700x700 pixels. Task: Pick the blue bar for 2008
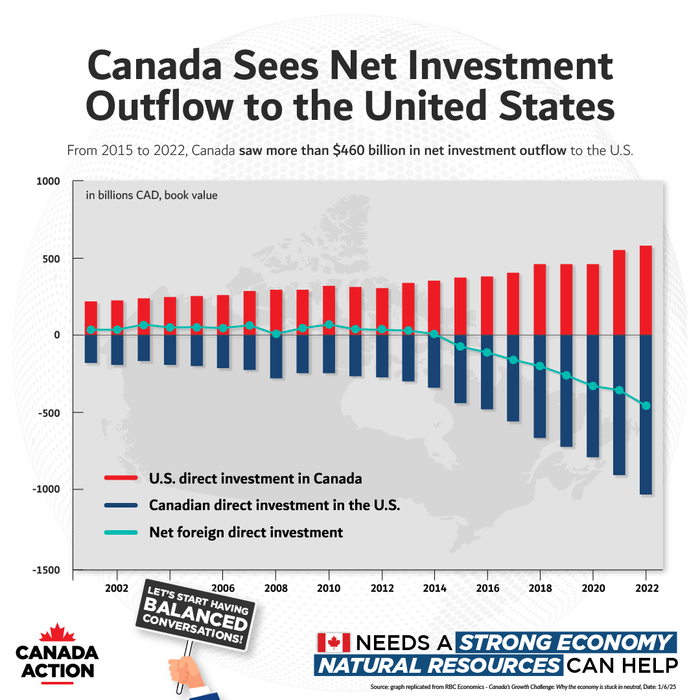(x=276, y=356)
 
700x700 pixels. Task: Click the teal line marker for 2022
(x=646, y=406)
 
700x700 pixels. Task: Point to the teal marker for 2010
(x=329, y=324)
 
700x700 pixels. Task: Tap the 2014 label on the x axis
(x=434, y=589)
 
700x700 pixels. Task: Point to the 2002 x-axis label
(x=117, y=589)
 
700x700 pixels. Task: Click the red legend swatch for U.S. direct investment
(x=121, y=478)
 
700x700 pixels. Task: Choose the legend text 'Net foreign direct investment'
(x=246, y=533)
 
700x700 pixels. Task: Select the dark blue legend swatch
(x=121, y=506)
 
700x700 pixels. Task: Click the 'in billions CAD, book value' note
(x=152, y=194)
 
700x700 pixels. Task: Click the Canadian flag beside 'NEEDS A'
(x=334, y=642)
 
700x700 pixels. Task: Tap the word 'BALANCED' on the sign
(x=194, y=612)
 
